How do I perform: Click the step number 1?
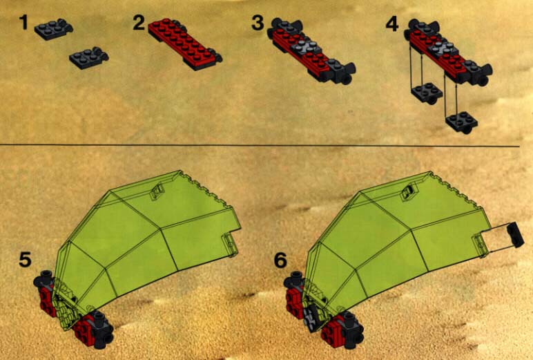23,22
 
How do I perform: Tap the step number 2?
139,23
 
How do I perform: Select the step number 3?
258,23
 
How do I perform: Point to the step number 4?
392,24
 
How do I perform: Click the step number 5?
25,259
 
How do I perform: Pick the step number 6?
280,260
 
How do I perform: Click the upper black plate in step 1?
54,29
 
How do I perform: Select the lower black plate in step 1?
89,58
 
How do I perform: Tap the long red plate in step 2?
184,44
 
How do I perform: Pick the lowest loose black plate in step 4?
462,122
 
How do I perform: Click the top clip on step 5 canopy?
157,191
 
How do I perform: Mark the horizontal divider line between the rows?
260,146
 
